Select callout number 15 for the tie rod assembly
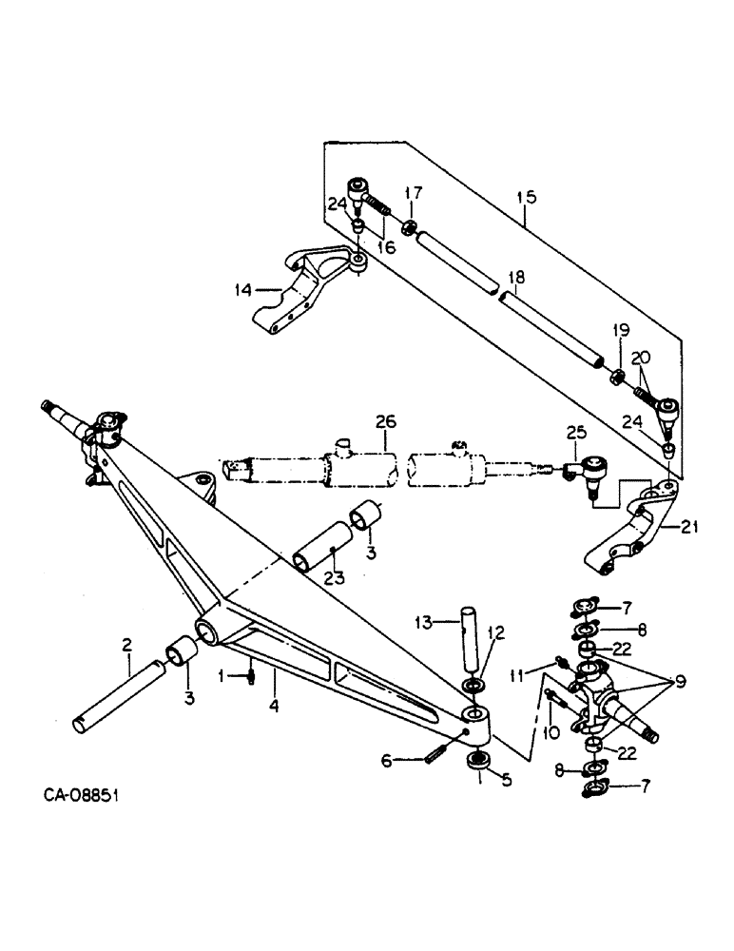pyautogui.click(x=526, y=198)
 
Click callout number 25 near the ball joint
pyautogui.click(x=576, y=435)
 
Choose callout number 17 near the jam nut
pyautogui.click(x=412, y=193)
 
